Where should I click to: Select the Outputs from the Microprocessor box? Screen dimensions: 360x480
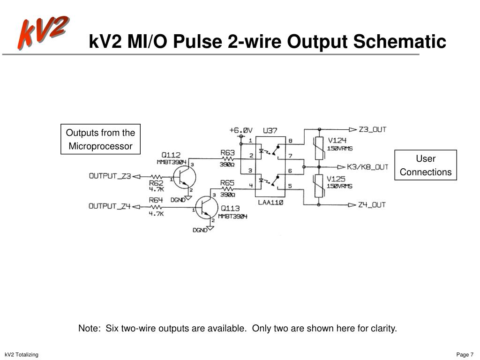pyautogui.click(x=100, y=139)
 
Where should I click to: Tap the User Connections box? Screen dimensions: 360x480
pyautogui.click(x=425, y=165)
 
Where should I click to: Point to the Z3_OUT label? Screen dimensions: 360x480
pyautogui.click(x=373, y=129)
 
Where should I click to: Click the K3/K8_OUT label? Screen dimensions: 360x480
pyautogui.click(x=367, y=167)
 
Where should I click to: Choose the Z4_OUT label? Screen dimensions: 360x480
pyautogui.click(x=373, y=204)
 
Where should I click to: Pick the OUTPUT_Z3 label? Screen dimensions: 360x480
pyautogui.click(x=110, y=176)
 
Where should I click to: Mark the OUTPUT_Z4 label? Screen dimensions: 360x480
pyautogui.click(x=110, y=206)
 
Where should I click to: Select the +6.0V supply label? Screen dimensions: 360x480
pyautogui.click(x=241, y=130)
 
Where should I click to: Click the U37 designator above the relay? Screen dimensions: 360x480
pyautogui.click(x=270, y=130)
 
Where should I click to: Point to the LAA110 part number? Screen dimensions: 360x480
pyautogui.click(x=270, y=203)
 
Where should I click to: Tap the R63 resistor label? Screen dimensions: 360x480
pyautogui.click(x=227, y=152)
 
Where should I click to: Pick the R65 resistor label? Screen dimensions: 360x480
pyautogui.click(x=227, y=183)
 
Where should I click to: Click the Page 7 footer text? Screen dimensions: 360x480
pyautogui.click(x=465, y=354)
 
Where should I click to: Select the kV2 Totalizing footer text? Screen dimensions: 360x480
pyautogui.click(x=22, y=354)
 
